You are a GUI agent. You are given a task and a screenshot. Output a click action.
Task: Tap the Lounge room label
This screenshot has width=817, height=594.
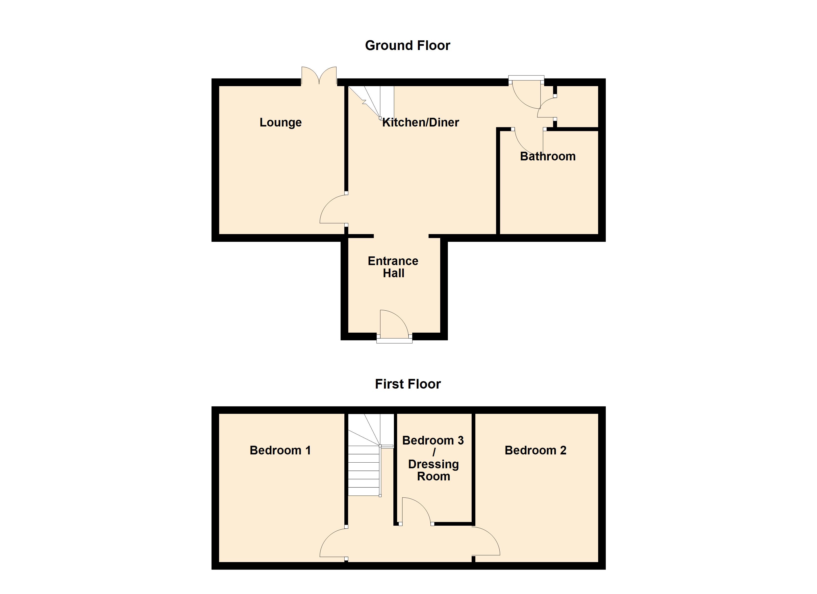click(x=281, y=123)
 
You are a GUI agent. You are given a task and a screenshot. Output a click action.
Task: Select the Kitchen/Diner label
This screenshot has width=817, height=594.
click(x=420, y=123)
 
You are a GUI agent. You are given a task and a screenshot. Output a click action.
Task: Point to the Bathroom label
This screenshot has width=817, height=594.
click(x=548, y=156)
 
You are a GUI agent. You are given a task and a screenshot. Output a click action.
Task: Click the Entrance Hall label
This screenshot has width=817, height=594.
click(x=393, y=267)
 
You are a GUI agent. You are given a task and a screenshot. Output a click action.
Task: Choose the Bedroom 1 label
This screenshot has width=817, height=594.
click(x=280, y=450)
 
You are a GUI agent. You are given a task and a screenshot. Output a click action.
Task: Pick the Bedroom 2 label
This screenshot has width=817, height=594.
click(x=535, y=450)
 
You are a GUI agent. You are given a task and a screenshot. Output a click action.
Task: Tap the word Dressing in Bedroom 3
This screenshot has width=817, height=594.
click(x=433, y=464)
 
